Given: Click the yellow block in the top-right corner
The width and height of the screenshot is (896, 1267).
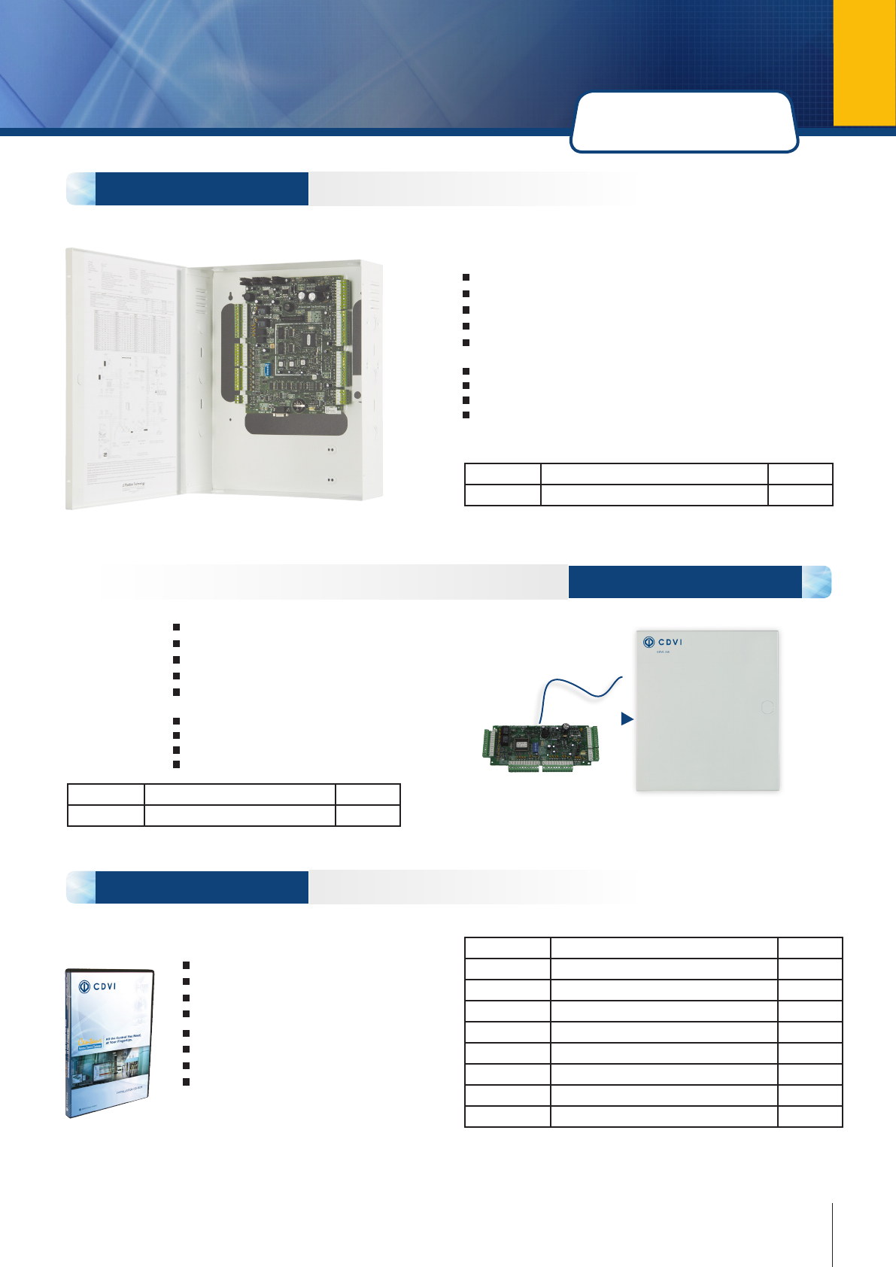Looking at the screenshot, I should pyautogui.click(x=864, y=62).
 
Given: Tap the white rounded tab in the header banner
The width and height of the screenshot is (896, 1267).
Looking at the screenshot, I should pyautogui.click(x=684, y=123).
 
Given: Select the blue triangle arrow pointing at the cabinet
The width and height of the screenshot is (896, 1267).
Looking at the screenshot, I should pyautogui.click(x=627, y=719).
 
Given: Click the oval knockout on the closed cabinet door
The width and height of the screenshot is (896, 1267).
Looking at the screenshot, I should pyautogui.click(x=767, y=707).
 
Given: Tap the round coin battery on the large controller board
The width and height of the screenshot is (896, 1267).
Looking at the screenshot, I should pyautogui.click(x=299, y=404).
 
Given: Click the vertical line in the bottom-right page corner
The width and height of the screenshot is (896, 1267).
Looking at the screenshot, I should pyautogui.click(x=833, y=1234).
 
